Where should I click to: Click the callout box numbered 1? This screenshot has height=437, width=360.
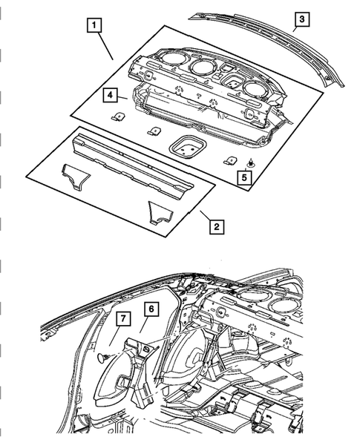point(93,27)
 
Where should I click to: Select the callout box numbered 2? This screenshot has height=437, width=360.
point(215,226)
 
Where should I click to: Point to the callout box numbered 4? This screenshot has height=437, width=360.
point(108,95)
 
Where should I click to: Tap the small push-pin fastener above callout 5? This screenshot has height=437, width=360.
point(252,162)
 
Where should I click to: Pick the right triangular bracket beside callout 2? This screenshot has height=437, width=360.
point(160,211)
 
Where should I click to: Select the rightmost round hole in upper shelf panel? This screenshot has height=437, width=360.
point(255,89)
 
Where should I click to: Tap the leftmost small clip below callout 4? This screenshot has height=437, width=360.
point(117,116)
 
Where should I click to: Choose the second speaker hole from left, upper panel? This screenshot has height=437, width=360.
point(200,68)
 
